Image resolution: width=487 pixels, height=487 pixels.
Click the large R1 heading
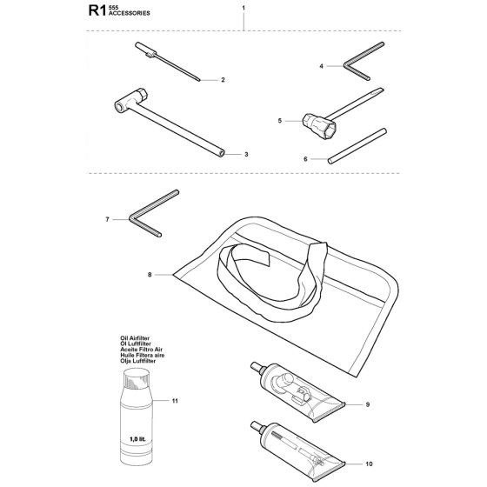97,10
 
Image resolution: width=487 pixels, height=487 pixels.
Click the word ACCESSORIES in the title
130,13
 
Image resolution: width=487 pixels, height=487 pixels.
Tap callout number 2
223,80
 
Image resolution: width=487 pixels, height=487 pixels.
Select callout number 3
246,155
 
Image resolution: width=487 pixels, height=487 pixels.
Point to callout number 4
322,66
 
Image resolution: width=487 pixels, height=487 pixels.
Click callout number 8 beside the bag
150,275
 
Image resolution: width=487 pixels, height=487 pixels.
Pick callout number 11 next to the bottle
175,401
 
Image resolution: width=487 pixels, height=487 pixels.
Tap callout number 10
369,464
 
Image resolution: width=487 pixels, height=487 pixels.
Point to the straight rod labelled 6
357,146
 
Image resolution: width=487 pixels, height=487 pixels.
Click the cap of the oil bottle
137,378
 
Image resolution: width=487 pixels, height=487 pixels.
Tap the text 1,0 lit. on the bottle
137,439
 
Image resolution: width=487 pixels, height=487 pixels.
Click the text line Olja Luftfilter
138,361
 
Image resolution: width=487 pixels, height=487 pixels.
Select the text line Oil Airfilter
135,338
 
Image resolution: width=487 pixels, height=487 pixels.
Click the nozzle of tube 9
257,366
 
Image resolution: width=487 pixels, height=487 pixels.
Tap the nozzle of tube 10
257,426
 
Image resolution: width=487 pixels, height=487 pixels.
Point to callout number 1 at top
243,8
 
